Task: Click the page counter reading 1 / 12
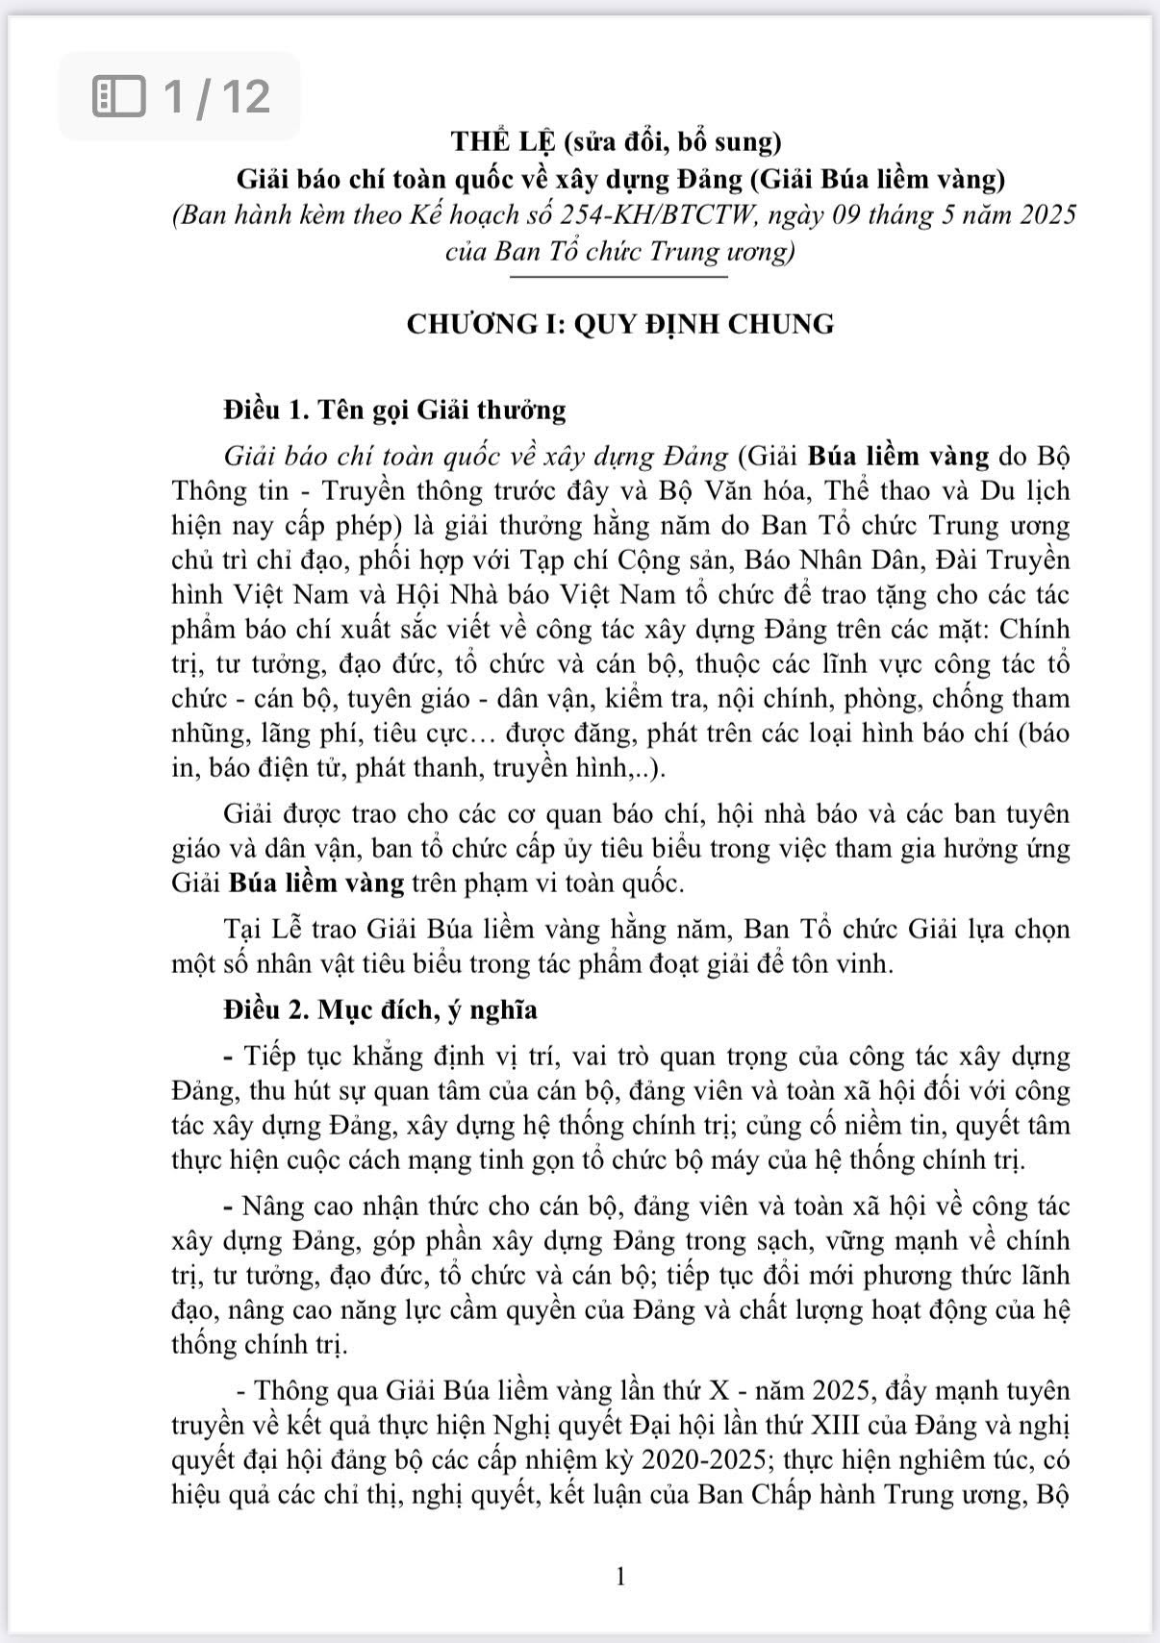click(x=216, y=96)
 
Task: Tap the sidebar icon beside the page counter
click(x=118, y=96)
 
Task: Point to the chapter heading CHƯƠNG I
click(x=485, y=324)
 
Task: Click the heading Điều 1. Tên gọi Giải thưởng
click(x=394, y=411)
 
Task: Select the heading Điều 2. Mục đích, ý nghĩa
click(x=380, y=1010)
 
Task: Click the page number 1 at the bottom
click(x=619, y=1577)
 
